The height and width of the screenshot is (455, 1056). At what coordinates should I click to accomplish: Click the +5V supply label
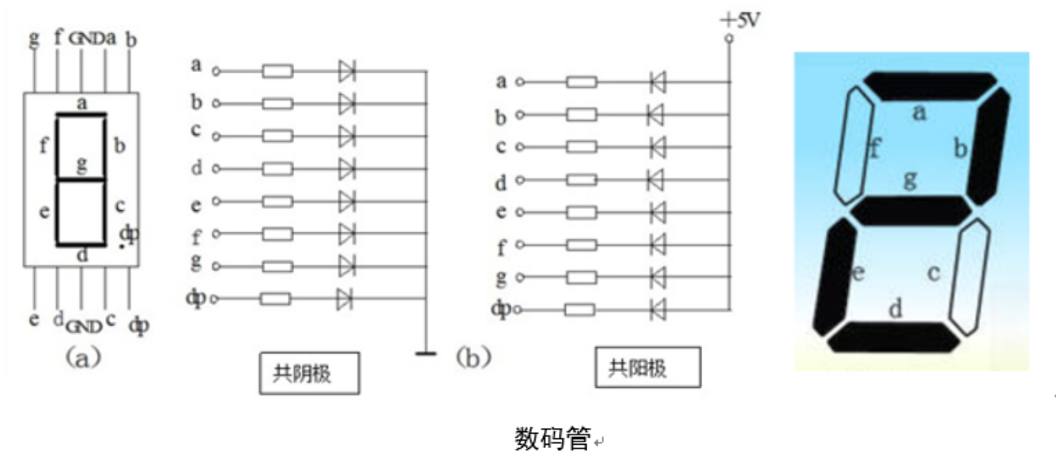pyautogui.click(x=740, y=21)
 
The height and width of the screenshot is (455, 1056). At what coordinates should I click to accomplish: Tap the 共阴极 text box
pyautogui.click(x=309, y=373)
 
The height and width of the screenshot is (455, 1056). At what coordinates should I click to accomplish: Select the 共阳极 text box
pyautogui.click(x=647, y=367)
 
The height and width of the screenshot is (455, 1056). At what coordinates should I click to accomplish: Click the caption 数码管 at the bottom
pyautogui.click(x=552, y=438)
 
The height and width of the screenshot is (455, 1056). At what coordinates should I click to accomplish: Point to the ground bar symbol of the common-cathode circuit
pyautogui.click(x=426, y=353)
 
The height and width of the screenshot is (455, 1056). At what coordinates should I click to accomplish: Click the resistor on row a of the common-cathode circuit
pyautogui.click(x=277, y=71)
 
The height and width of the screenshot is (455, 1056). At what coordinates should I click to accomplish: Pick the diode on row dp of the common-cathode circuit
pyautogui.click(x=345, y=299)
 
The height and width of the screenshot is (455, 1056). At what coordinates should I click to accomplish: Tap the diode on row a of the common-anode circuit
pyautogui.click(x=658, y=82)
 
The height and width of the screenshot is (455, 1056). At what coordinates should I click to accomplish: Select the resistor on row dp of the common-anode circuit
pyautogui.click(x=579, y=310)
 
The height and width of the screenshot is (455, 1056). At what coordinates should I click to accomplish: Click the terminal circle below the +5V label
pyautogui.click(x=729, y=39)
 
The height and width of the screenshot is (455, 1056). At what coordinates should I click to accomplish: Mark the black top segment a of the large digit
pyautogui.click(x=930, y=86)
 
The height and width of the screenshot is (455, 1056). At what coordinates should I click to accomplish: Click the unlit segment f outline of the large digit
pyautogui.click(x=854, y=145)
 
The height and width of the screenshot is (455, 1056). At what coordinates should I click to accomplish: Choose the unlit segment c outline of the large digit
pyautogui.click(x=969, y=277)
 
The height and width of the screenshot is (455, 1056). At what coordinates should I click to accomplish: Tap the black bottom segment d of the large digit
pyautogui.click(x=893, y=337)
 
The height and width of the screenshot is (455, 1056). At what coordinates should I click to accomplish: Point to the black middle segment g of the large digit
pyautogui.click(x=911, y=211)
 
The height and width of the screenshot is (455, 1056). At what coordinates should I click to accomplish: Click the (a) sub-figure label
pyautogui.click(x=83, y=358)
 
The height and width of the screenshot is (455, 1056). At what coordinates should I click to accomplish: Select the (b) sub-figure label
pyautogui.click(x=473, y=358)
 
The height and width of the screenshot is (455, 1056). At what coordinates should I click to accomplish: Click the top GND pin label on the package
pyautogui.click(x=86, y=39)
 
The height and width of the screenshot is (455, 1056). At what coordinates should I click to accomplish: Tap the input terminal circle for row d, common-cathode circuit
pyautogui.click(x=216, y=168)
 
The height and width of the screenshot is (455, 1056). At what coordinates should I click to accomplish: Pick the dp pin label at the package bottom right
pyautogui.click(x=139, y=325)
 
